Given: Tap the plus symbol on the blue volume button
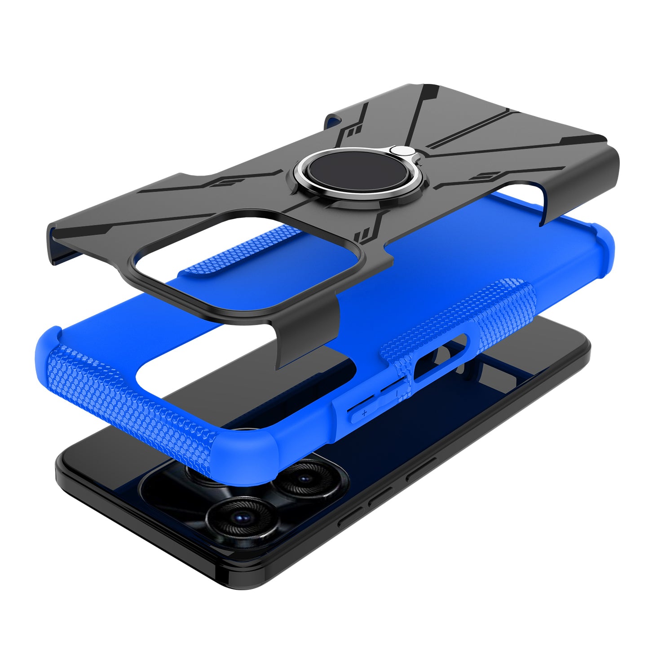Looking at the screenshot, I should click(364, 412).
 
